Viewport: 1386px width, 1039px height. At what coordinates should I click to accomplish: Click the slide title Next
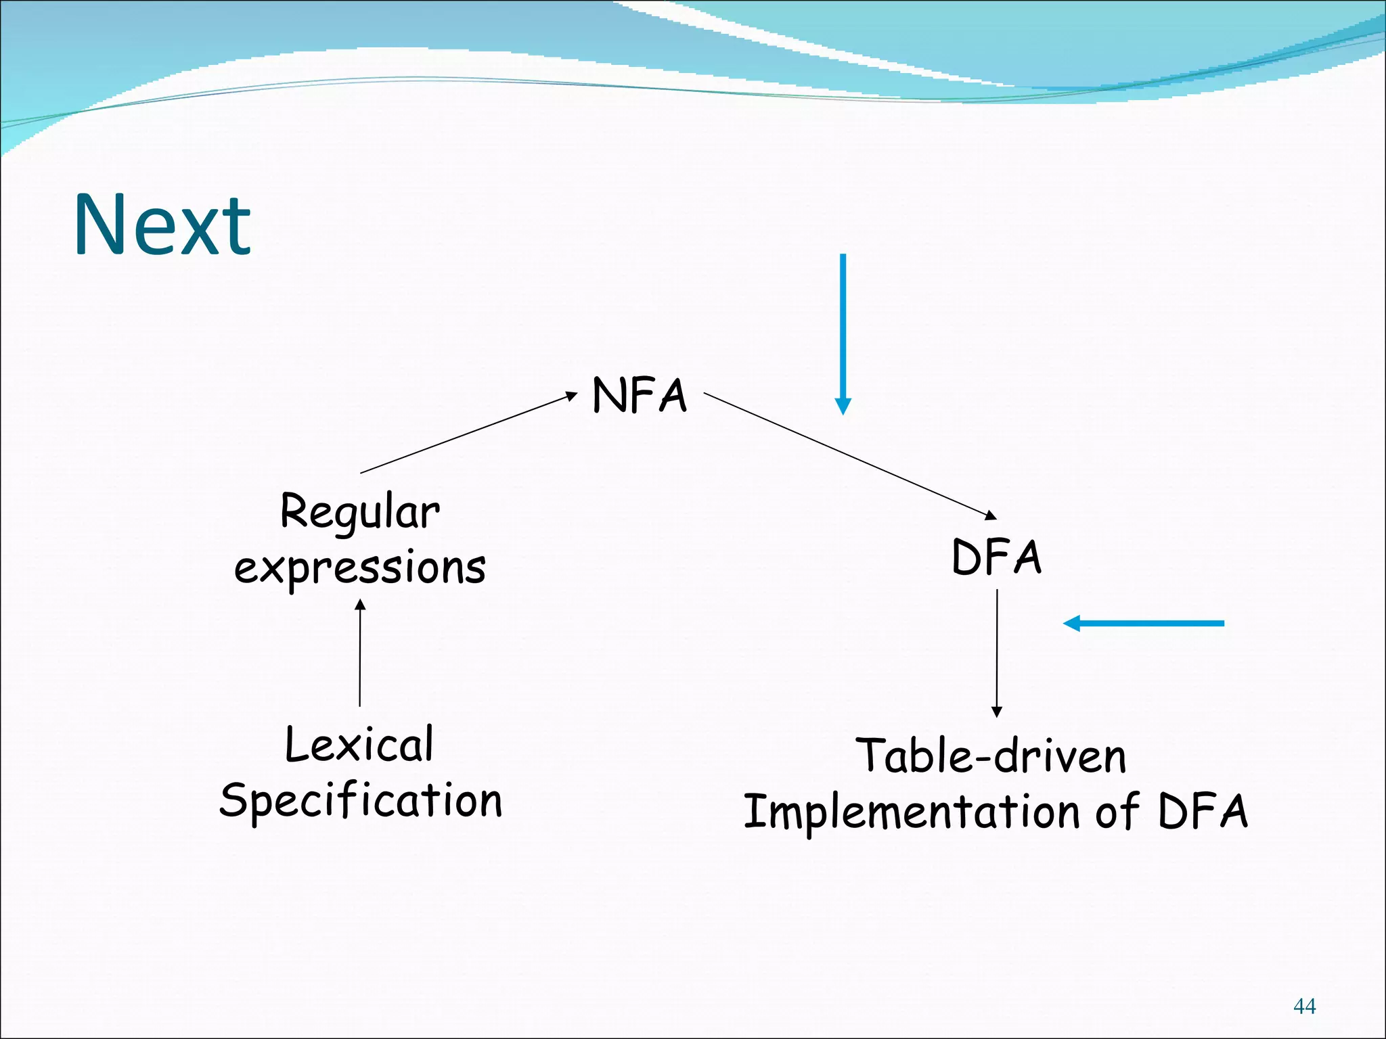coord(162,225)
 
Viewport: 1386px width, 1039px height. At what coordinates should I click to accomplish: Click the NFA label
coord(640,396)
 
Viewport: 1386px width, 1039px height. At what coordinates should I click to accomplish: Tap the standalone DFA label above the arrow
coord(996,557)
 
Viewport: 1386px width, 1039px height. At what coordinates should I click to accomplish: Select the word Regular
coord(360,513)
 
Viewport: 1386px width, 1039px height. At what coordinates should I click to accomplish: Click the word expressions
coord(360,567)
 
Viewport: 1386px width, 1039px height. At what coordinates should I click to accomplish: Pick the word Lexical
coord(359,744)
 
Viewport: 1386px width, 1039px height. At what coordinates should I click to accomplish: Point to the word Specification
coord(361,802)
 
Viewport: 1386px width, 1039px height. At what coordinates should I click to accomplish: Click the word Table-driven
coord(991,756)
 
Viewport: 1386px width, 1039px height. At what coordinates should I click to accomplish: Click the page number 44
coord(1304,1007)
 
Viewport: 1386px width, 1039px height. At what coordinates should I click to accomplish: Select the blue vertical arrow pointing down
coord(843,325)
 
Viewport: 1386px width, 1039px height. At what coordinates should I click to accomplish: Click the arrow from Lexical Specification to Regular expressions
coord(360,653)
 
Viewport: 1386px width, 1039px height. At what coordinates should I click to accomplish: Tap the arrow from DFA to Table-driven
coord(996,653)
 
